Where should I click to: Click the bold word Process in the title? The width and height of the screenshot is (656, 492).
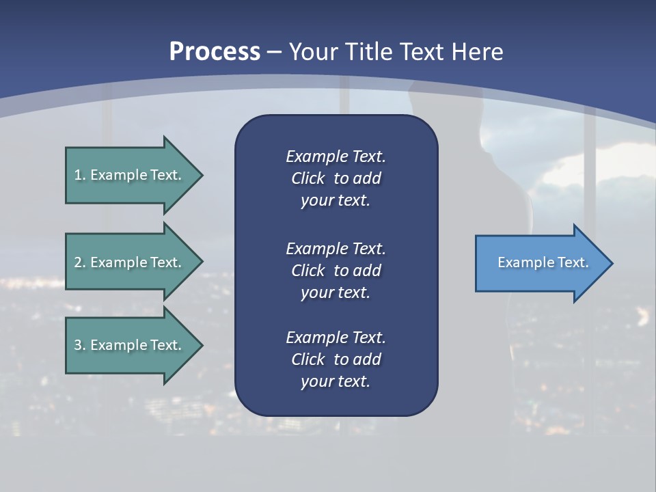point(215,52)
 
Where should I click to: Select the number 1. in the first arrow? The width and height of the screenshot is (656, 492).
point(80,175)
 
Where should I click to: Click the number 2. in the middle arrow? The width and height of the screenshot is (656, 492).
point(80,262)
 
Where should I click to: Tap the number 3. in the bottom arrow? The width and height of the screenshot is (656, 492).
point(80,345)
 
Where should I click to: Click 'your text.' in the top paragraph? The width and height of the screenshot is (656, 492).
point(336,201)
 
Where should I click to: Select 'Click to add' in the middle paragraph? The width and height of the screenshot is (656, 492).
point(336,271)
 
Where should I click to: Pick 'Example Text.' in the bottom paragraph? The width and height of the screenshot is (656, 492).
point(336,338)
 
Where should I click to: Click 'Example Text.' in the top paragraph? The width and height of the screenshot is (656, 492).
point(336,156)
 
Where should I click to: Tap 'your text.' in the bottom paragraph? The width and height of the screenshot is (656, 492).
point(336,382)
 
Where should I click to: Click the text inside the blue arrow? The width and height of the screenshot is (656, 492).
point(543,262)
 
